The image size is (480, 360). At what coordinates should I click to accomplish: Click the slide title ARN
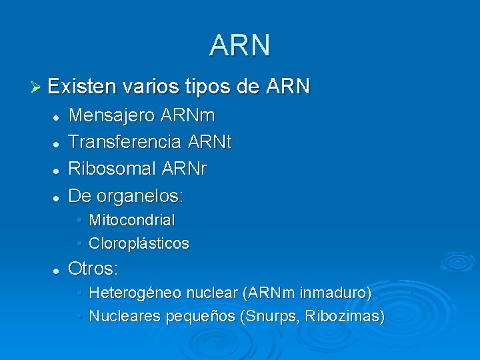pos(239,45)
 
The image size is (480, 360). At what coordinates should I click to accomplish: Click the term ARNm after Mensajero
pos(188,116)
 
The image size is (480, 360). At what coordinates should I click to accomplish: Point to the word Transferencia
pos(125,143)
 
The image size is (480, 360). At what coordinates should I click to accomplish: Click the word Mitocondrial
pos(132,220)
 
